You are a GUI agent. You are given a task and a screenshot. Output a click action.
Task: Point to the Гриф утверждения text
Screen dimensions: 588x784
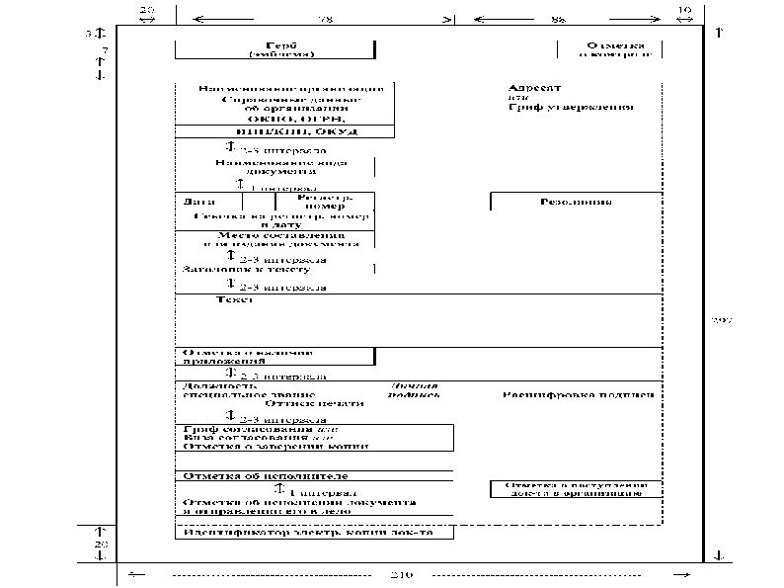pos(571,107)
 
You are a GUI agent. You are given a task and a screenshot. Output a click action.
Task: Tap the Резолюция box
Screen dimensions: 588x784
pos(575,202)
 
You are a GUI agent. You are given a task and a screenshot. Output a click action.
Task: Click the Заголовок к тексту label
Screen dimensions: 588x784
pos(247,269)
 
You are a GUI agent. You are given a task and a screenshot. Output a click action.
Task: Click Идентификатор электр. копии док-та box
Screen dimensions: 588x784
pos(313,533)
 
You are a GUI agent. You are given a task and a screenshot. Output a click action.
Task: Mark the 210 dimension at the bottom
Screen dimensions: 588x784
pos(402,574)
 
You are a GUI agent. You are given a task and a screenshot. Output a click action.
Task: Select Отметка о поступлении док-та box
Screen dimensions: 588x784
pos(575,489)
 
